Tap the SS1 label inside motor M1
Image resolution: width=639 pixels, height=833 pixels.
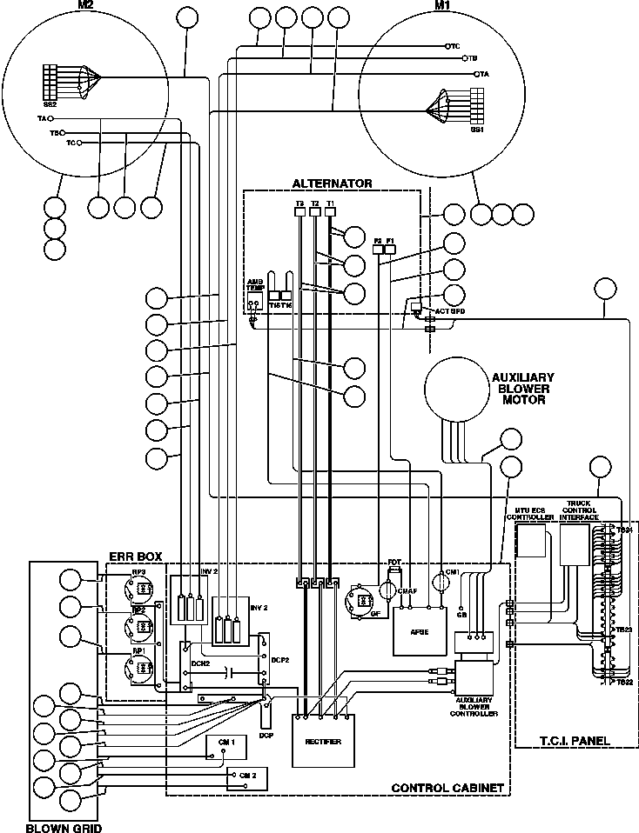tap(476, 130)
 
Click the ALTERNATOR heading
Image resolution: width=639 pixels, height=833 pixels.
tap(332, 183)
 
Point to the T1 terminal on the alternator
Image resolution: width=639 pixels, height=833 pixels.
tap(331, 203)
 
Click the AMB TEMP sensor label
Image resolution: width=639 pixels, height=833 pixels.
tap(254, 286)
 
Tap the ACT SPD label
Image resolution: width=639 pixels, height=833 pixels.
tap(440, 309)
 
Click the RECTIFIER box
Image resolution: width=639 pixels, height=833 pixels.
tap(323, 741)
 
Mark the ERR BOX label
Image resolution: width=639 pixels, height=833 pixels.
tap(134, 555)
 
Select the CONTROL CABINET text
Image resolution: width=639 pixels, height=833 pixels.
tap(447, 788)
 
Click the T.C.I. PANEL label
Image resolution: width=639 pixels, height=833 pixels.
tap(574, 740)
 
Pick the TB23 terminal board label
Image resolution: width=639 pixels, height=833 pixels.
tap(623, 630)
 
